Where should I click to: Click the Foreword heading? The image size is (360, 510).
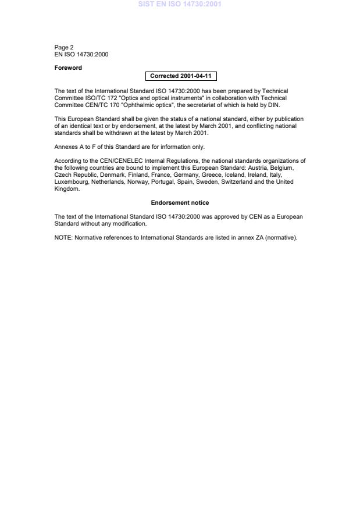click(x=68, y=68)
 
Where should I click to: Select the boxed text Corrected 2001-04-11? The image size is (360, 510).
click(x=180, y=76)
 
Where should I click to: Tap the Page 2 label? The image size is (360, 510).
click(x=64, y=48)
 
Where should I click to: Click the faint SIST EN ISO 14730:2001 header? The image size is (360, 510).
click(x=180, y=4)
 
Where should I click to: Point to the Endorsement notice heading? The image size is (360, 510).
click(x=180, y=203)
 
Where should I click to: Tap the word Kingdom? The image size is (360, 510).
click(x=67, y=189)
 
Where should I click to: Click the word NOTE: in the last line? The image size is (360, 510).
click(x=63, y=237)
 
